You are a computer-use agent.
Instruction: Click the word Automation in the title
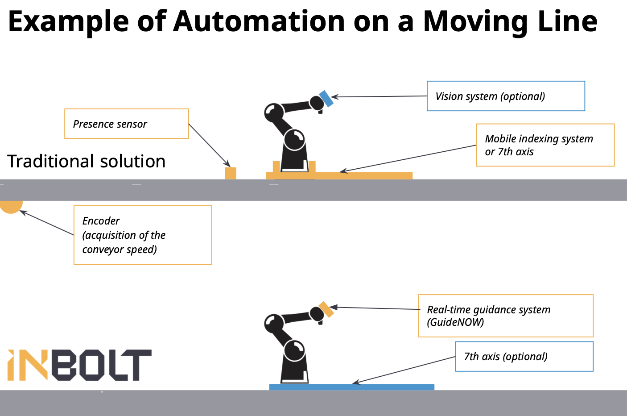259,21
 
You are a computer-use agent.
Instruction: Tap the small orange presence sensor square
231,173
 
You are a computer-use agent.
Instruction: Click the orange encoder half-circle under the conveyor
11,207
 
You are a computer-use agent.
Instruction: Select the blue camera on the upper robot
326,99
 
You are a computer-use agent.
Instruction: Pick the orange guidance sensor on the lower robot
326,309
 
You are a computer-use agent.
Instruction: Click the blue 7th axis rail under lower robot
352,387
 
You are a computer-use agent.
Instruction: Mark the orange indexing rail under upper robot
339,176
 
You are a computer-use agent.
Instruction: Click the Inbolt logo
79,365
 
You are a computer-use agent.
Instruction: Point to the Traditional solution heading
86,162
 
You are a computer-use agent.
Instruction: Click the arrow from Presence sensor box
210,146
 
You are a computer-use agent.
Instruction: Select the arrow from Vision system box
379,97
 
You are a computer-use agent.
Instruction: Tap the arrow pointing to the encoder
47,223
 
